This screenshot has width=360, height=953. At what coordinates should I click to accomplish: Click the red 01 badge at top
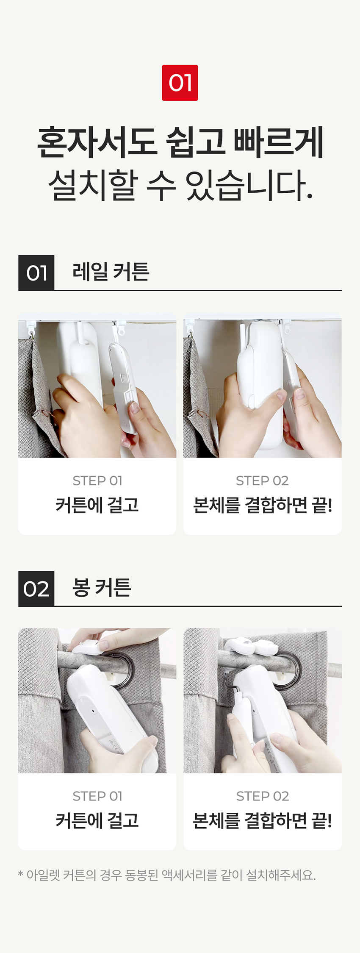[180, 83]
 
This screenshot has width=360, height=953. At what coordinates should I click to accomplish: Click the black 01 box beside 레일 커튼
[36, 273]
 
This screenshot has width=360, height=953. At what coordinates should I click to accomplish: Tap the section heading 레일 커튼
[111, 272]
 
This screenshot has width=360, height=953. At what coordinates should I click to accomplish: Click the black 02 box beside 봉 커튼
[36, 589]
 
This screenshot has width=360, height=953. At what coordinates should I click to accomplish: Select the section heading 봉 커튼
[102, 587]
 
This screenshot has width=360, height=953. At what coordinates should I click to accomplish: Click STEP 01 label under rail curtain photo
[97, 481]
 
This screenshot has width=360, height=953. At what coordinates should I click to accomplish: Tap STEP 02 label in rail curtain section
[262, 481]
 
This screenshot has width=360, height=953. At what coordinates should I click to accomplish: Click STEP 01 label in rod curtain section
[97, 796]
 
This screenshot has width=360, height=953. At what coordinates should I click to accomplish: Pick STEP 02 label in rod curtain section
[262, 796]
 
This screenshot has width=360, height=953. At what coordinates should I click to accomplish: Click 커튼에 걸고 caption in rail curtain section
[97, 505]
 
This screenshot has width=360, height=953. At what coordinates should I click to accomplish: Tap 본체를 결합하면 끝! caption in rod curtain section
[262, 821]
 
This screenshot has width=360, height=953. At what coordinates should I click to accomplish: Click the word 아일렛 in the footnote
[43, 875]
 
